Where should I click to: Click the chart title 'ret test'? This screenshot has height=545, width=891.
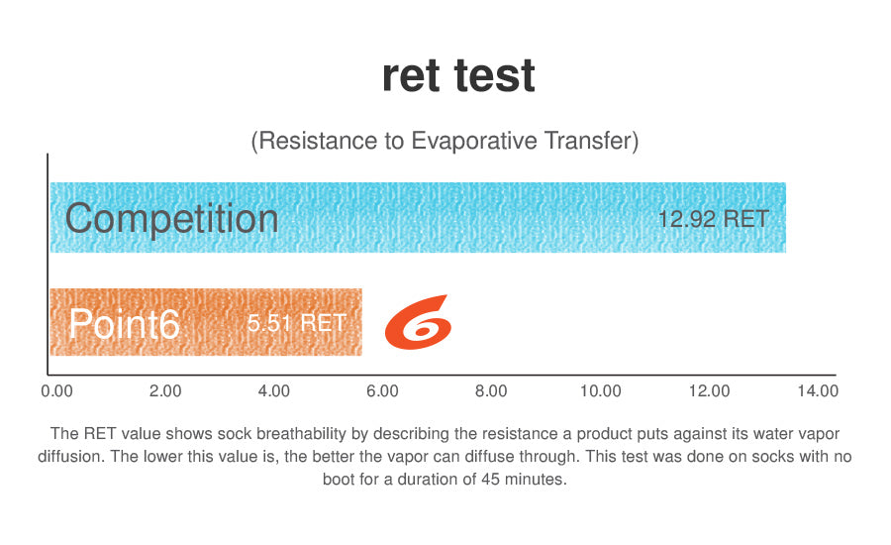[458, 75]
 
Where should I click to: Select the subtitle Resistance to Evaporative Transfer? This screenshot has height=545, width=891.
[445, 141]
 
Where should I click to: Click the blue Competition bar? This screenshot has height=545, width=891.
[418, 217]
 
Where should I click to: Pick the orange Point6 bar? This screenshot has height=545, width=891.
[206, 322]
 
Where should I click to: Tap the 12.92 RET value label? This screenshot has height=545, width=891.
[713, 219]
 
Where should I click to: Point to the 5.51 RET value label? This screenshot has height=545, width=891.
[297, 323]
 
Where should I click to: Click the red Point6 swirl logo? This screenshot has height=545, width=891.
[418, 321]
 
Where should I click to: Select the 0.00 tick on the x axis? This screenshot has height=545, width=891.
[56, 391]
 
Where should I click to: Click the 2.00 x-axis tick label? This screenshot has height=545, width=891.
[165, 391]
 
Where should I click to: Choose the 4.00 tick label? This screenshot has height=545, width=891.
[274, 391]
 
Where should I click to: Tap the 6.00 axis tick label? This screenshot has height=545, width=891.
[382, 391]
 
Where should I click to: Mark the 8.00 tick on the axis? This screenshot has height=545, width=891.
[491, 391]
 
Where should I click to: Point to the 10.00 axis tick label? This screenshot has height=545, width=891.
[600, 391]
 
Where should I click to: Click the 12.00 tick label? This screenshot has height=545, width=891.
[709, 391]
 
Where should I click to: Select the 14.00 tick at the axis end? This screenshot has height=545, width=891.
[818, 391]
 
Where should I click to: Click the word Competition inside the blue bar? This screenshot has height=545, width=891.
[171, 218]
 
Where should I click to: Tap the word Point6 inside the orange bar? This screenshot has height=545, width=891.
[125, 324]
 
